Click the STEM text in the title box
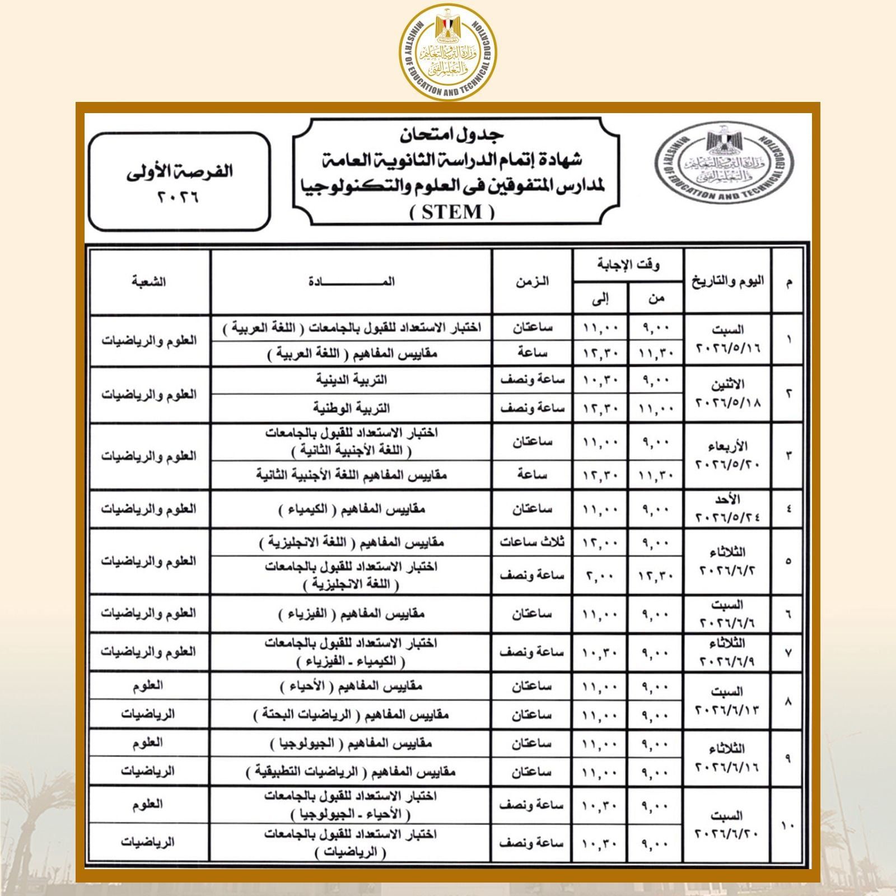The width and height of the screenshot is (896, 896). coord(452,212)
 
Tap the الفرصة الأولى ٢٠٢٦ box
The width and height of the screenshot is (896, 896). coord(179,181)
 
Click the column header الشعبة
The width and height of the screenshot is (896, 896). coord(149,282)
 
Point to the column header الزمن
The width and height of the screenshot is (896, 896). coord(532,282)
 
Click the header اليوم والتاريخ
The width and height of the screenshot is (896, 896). coord(727,282)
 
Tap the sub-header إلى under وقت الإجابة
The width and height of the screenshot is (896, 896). coord(600,298)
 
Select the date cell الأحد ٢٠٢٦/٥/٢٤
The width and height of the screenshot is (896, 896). coord(727,509)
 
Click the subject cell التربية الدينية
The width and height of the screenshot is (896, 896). coord(351,380)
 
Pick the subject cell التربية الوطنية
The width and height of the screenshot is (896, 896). coord(351,408)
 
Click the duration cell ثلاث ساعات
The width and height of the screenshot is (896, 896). coord(532,542)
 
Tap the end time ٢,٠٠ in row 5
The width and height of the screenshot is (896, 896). coord(600,575)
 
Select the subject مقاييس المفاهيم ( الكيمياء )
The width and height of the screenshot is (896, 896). coord(351,509)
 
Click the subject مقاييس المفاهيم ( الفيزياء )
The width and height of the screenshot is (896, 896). coord(351,614)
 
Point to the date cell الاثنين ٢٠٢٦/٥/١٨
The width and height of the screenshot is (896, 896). coord(727,394)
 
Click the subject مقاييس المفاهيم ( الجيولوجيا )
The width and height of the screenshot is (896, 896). coord(351,743)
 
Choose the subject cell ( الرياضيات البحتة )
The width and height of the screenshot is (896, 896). coord(351,715)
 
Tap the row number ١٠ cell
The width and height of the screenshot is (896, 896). coord(788,824)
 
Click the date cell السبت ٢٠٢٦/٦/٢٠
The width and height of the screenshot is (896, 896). coord(727,824)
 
